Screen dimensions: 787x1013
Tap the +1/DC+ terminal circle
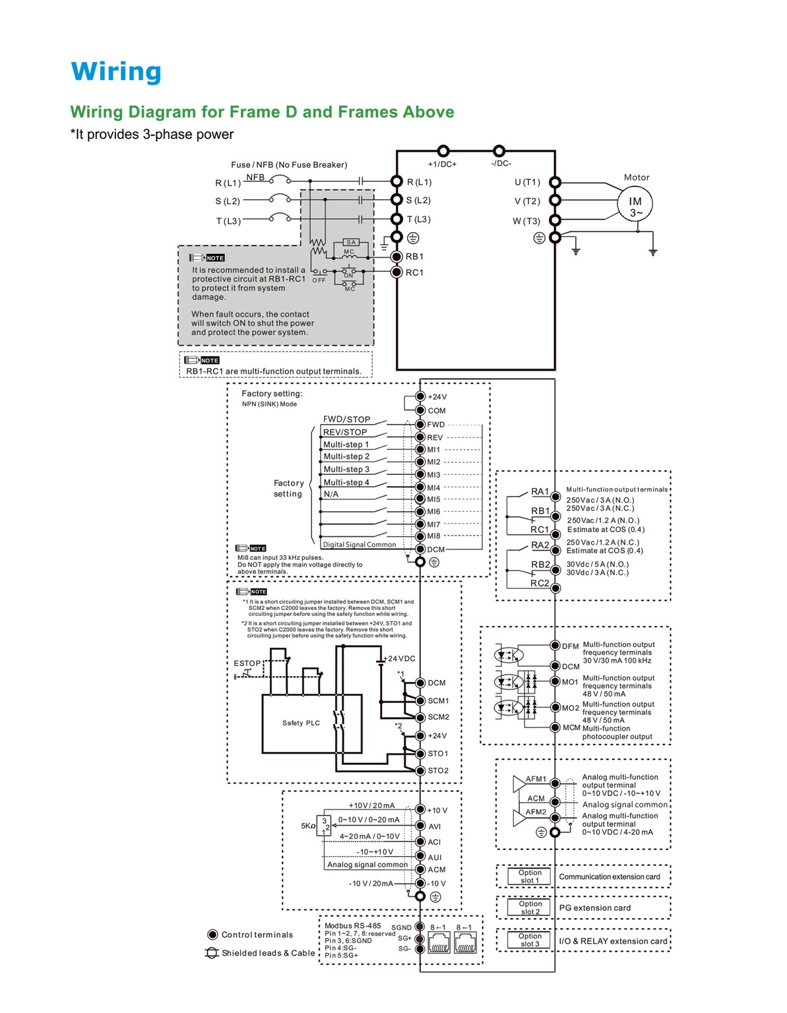[443, 150]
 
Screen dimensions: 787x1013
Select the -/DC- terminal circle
[499, 150]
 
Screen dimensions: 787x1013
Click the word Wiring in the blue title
[116, 72]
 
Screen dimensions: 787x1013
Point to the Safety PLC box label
[301, 723]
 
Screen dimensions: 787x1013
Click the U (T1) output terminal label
[527, 182]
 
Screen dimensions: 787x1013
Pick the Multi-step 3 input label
[346, 469]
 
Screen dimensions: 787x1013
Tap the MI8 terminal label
[433, 536]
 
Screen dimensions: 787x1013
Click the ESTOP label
[247, 663]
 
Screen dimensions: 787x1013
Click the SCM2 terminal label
[438, 717]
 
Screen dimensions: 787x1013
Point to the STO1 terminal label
[438, 753]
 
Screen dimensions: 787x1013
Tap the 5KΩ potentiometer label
[307, 826]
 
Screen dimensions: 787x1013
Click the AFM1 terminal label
[536, 779]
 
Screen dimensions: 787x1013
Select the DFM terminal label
[570, 646]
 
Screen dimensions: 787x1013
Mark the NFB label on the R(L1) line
[255, 177]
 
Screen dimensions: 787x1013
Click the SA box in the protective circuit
[351, 242]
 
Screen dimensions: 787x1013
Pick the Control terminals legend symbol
[212, 935]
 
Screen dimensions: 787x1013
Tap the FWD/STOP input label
[346, 419]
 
